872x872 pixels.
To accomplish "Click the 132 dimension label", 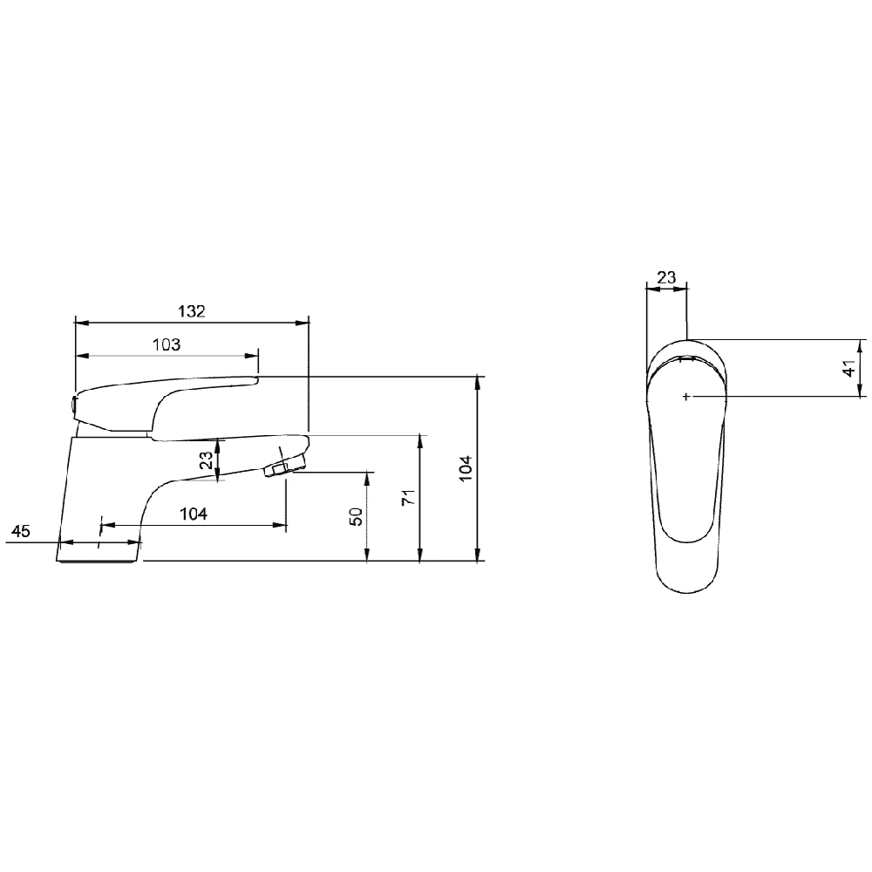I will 192,311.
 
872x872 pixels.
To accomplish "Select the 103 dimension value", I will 166,344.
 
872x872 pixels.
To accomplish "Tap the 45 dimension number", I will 21,531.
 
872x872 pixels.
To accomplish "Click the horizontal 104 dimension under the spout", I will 194,514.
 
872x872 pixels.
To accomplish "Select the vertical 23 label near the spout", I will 206,460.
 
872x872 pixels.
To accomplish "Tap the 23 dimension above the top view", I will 665,277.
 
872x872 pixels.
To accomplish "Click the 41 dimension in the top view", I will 848,367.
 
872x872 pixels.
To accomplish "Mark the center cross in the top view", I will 687,397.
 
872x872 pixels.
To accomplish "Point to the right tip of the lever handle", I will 257,378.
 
